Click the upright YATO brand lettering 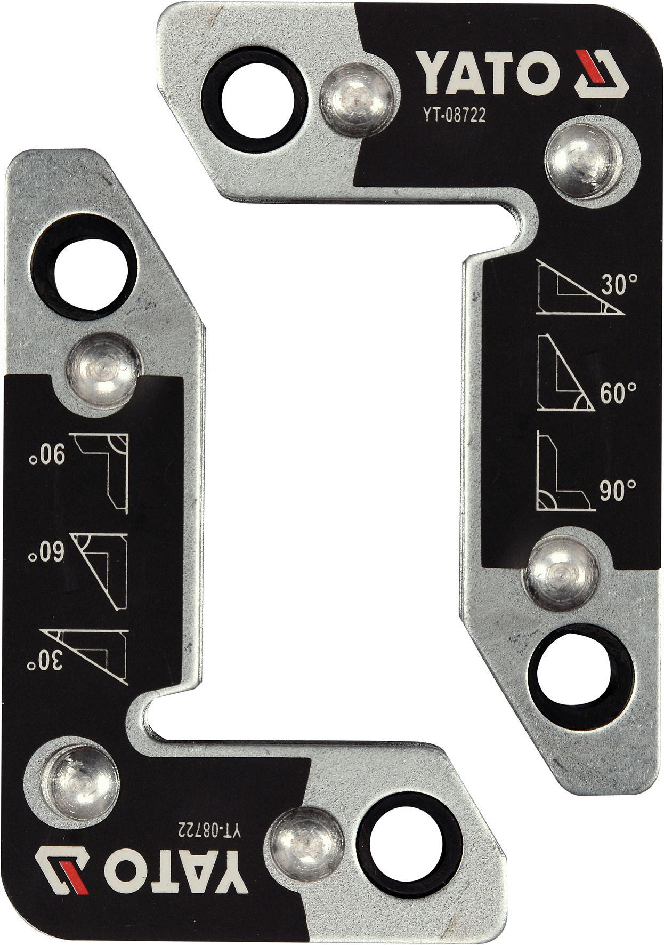coord(488,72)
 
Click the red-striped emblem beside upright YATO coord(602,74)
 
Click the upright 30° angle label coord(619,285)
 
